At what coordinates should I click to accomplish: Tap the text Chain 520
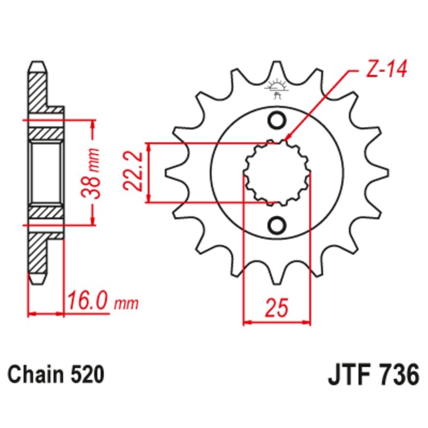[55, 375]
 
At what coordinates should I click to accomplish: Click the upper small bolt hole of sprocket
[277, 121]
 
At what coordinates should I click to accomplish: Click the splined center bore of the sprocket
[277, 173]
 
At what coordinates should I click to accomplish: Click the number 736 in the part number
[396, 375]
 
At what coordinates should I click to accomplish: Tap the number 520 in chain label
[86, 375]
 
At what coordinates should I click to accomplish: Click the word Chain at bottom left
[35, 375]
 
